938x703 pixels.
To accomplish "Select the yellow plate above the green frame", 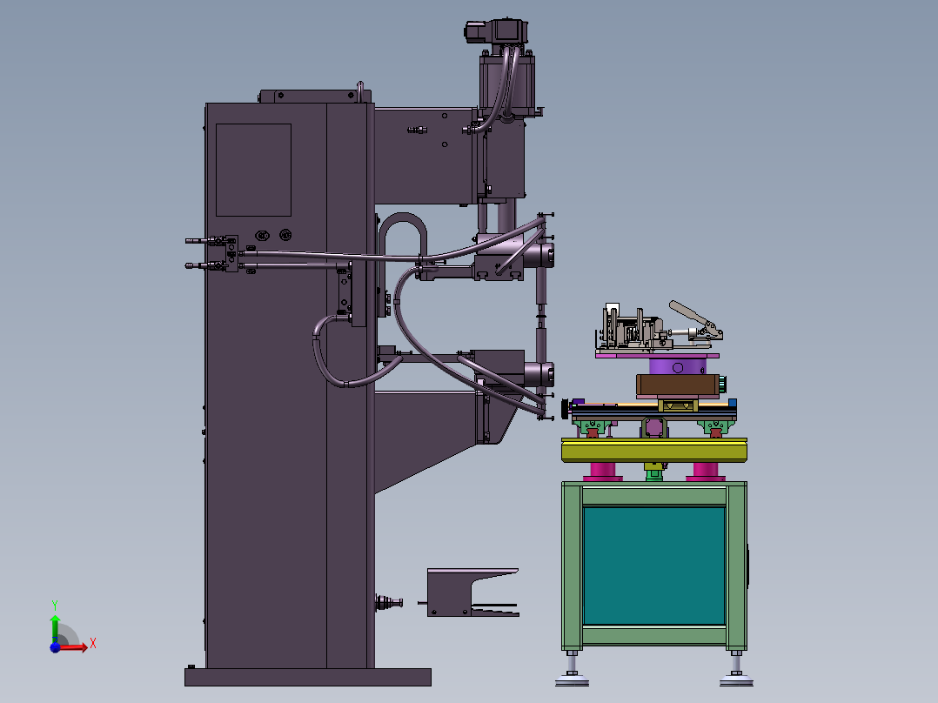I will coord(653,450).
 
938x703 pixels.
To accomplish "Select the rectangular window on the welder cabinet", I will coord(253,170).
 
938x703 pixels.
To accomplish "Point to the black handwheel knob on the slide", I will coord(566,406).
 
